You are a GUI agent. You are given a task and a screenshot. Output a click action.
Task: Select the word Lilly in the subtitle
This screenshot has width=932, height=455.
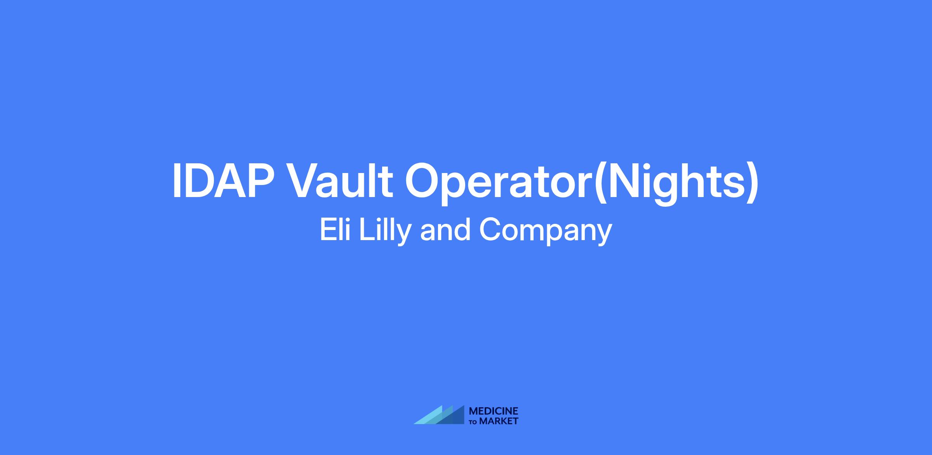(384, 231)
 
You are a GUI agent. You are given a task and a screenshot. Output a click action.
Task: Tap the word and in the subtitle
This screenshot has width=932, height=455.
(445, 229)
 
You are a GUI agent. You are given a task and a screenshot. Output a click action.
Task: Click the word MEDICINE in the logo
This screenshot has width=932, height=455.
(494, 411)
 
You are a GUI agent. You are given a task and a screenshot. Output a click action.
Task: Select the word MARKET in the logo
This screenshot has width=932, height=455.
(499, 421)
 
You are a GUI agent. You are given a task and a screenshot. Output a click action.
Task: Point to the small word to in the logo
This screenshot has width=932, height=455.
(474, 422)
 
